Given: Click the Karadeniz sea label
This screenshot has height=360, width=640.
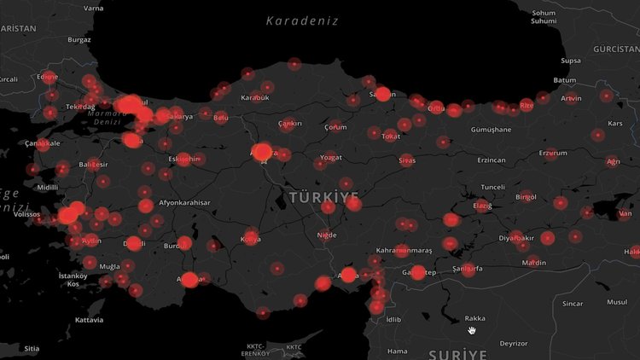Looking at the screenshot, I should click(301, 20).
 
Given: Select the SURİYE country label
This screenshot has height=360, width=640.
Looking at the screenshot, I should click(457, 353).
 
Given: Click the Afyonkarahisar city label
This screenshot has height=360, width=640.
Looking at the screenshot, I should click(183, 202).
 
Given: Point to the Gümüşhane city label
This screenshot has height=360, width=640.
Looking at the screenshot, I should click(491, 130).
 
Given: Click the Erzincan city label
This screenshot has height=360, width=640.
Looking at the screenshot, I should click(491, 160).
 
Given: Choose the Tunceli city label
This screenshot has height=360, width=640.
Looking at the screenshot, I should click(493, 187).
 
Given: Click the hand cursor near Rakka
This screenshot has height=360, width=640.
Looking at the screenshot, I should click(471, 329).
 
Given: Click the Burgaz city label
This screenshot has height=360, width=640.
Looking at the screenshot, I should click(79, 39).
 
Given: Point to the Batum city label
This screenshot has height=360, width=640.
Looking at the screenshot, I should click(565, 80).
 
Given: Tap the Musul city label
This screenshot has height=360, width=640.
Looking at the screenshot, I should click(616, 302).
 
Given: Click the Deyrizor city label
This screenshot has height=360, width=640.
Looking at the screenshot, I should click(513, 343).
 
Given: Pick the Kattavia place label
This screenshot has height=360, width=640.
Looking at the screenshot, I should click(89, 320).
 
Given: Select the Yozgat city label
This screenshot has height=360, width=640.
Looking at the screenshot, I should click(330, 158).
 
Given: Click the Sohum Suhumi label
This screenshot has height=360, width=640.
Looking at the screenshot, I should click(544, 17).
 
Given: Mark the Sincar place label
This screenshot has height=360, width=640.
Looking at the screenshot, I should click(572, 303).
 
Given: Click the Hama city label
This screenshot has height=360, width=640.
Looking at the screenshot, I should click(397, 351).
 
